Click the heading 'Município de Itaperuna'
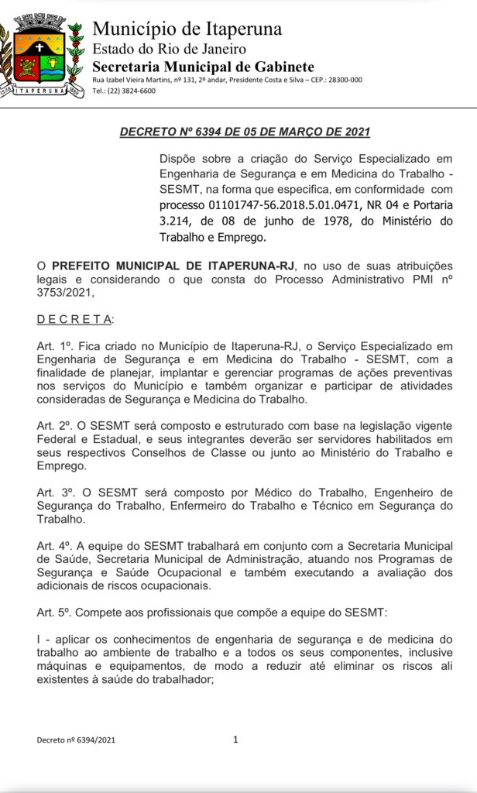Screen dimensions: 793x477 pyautogui.click(x=187, y=29)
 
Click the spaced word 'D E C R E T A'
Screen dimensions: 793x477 pyautogui.click(x=74, y=319)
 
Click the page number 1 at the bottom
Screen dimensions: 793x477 pyautogui.click(x=236, y=740)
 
